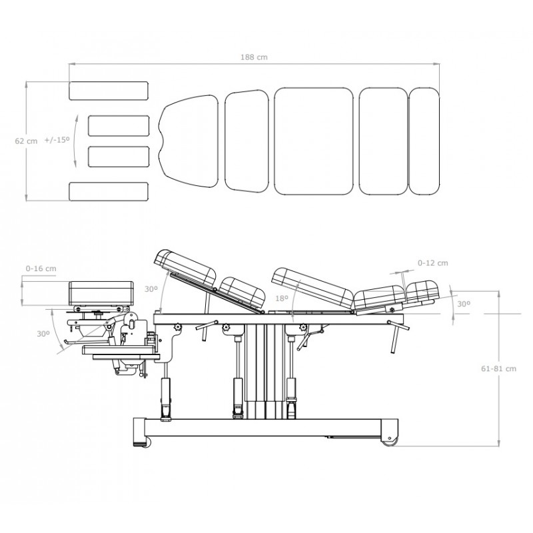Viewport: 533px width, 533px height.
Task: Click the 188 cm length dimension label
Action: [254, 57]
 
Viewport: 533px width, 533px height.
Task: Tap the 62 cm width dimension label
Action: [26, 141]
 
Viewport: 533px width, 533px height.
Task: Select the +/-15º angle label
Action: [57, 140]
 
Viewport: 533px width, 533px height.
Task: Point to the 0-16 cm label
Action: [41, 268]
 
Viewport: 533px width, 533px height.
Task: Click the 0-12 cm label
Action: [432, 263]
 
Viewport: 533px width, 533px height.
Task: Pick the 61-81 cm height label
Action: [498, 368]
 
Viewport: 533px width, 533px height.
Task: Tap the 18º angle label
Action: [282, 298]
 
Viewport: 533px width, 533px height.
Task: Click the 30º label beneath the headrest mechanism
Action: [43, 334]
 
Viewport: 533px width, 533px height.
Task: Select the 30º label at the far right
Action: [464, 304]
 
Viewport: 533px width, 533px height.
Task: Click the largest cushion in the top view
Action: [314, 141]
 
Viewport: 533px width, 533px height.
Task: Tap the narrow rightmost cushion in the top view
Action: [424, 141]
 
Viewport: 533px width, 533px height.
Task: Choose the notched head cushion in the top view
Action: [189, 141]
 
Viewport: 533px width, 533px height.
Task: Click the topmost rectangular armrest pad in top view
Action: [109, 91]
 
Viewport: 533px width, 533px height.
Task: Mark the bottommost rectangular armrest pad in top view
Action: [109, 191]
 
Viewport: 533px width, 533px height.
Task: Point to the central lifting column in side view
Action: [264, 370]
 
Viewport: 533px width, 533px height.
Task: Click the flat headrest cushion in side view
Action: [101, 293]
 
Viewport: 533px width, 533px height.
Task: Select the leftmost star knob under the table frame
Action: [177, 327]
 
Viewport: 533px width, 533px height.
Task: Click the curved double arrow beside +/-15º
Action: [75, 141]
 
